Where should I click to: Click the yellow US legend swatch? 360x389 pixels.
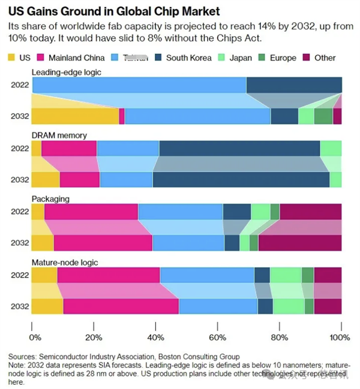[x=11, y=58]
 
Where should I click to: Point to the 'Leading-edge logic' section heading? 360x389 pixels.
[x=67, y=72]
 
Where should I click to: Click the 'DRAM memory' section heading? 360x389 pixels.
[x=59, y=135]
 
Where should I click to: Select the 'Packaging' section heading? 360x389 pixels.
[x=50, y=198]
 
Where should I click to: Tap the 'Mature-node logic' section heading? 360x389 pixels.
[x=65, y=262]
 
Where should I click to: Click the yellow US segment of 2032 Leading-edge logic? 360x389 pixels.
[x=75, y=116]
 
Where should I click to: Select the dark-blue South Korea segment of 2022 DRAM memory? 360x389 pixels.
[x=239, y=148]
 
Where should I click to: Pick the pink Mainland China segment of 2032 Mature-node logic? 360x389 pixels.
[x=121, y=306]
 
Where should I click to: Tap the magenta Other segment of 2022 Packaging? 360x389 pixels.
[x=310, y=212]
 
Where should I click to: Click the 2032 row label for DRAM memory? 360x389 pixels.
[x=19, y=180]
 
